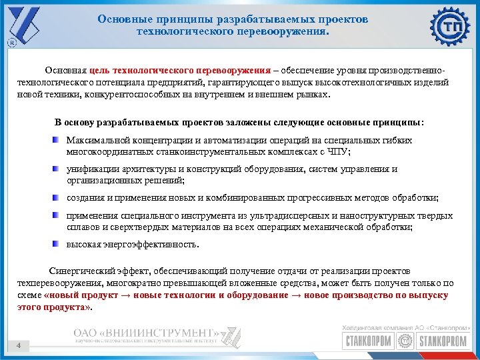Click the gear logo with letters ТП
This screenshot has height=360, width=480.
coord(451,26)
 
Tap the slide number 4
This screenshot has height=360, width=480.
coord(19,345)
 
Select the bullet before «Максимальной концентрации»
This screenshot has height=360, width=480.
coord(57,141)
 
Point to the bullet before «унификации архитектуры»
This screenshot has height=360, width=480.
coord(57,169)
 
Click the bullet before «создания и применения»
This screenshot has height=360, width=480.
coord(57,198)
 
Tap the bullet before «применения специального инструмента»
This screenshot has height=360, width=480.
coord(57,216)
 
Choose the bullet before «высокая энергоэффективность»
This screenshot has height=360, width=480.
coord(57,244)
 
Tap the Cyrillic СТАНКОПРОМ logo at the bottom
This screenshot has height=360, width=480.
coord(367,342)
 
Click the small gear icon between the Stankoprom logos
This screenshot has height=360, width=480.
coord(404,342)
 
